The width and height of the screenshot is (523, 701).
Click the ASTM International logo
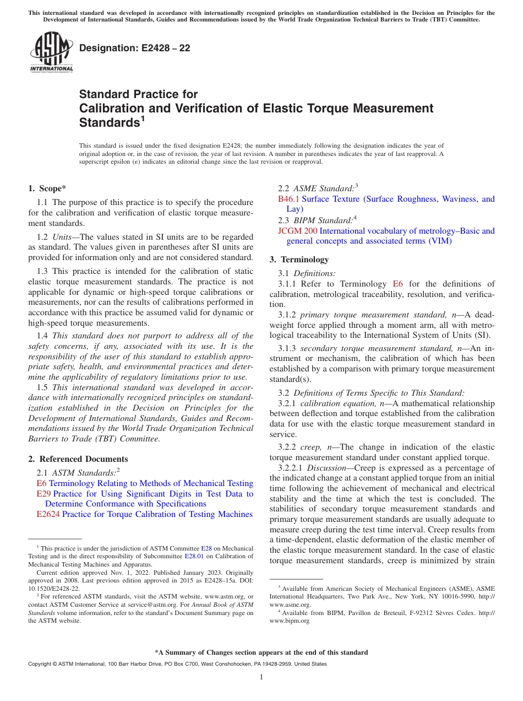51,52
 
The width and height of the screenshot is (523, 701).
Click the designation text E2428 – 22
135,48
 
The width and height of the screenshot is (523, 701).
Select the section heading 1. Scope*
47,188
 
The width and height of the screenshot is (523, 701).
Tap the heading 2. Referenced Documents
78,459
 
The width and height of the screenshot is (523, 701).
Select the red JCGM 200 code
298,231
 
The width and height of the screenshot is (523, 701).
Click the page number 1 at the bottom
261,677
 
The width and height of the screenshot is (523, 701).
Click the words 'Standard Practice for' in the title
138,94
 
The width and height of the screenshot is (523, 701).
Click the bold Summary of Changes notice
261,653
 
